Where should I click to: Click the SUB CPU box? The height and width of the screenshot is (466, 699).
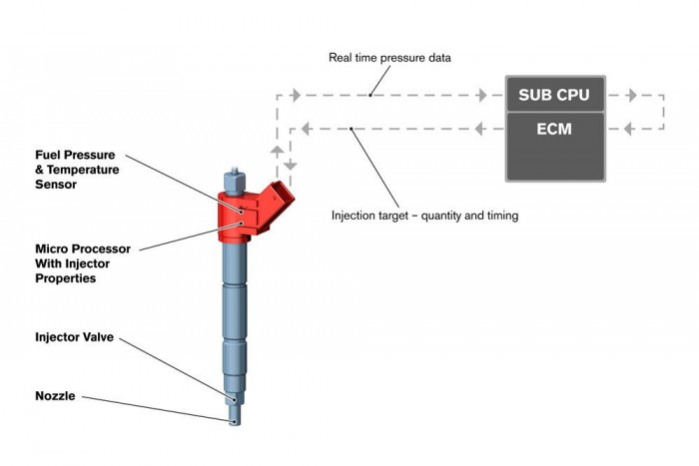tap(554, 97)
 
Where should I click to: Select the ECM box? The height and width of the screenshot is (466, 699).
tap(554, 130)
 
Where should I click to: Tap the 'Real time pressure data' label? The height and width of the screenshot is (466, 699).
tap(389, 58)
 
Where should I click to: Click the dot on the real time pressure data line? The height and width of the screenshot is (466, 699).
tap(369, 97)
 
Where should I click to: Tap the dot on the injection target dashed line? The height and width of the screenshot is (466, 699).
tap(353, 129)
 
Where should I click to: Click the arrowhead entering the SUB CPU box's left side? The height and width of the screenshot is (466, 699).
tap(485, 97)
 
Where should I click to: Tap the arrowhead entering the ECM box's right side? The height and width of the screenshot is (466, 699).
tap(626, 129)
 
